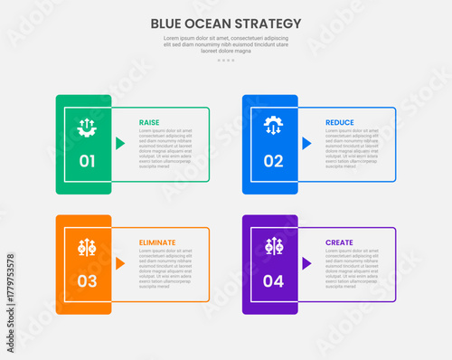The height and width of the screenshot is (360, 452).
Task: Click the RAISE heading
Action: (x=149, y=122)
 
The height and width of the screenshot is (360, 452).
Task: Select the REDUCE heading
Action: (x=339, y=122)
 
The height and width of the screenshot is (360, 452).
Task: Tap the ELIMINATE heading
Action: (x=157, y=242)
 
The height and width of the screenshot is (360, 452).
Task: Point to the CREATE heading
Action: (x=339, y=242)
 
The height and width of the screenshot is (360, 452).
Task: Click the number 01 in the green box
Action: (x=87, y=162)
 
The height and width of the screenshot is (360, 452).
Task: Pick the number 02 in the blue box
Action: (x=273, y=162)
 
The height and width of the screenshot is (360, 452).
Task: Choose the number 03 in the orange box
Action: (x=87, y=281)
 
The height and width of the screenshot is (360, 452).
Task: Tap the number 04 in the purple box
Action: (x=273, y=281)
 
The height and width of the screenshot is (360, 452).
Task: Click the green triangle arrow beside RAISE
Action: (x=120, y=143)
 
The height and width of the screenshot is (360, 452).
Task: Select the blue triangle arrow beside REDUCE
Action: (x=306, y=143)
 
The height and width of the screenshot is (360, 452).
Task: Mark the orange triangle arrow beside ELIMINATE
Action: (x=120, y=263)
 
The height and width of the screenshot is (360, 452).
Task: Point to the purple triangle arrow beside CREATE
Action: (x=306, y=263)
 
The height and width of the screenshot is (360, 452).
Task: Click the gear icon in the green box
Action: (x=87, y=127)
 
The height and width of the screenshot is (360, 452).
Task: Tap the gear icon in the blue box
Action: (x=273, y=125)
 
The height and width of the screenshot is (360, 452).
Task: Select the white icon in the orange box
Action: (x=87, y=246)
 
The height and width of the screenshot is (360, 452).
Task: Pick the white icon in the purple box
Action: (x=273, y=246)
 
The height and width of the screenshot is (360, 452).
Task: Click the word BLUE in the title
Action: (x=168, y=23)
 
